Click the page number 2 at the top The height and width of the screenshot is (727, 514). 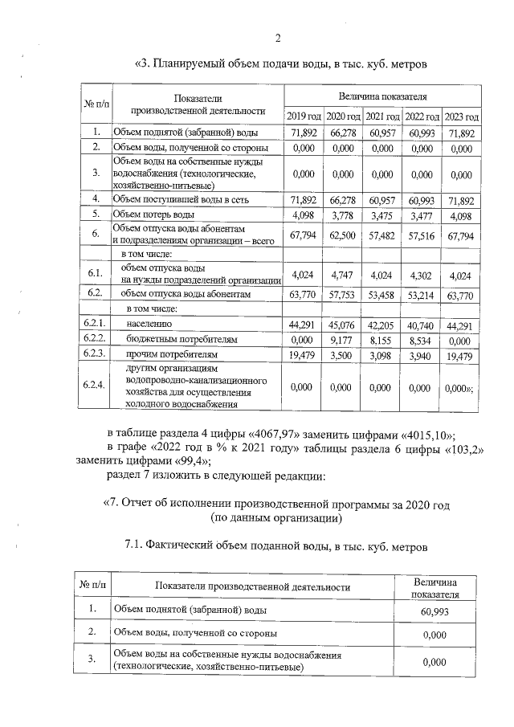277,38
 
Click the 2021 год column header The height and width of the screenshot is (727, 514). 382,117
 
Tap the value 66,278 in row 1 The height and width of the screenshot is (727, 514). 343,133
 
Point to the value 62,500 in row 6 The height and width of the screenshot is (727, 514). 343,235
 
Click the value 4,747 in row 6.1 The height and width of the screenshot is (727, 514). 343,274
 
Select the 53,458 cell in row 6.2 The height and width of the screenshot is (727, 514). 382,295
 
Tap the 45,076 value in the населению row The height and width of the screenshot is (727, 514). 343,325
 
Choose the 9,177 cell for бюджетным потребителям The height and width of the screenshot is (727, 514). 343,339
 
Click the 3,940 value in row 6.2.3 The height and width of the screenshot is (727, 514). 422,354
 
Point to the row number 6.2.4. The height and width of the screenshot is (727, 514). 94,386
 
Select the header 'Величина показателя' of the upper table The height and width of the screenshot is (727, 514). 382,96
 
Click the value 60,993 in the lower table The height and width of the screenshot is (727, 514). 434,611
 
